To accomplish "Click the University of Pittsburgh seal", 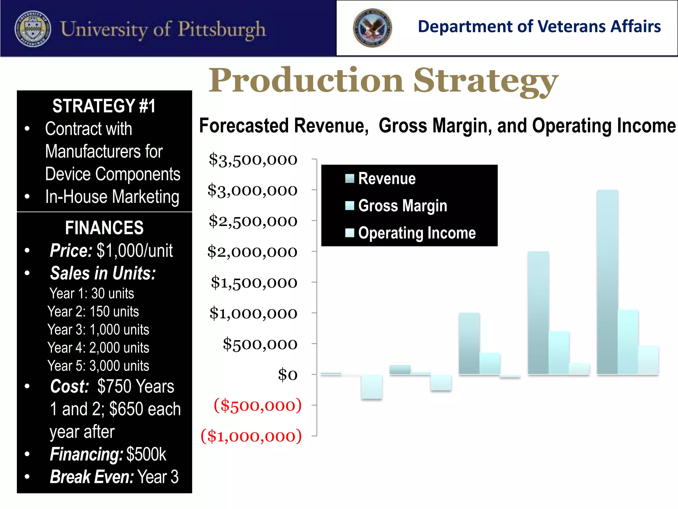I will [x=33, y=29].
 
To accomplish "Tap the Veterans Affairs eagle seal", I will [x=372, y=28].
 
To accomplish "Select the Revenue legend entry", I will [x=387, y=179].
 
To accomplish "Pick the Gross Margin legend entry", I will [x=402, y=206].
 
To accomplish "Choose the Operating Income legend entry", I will [x=416, y=233].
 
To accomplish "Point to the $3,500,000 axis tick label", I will [x=253, y=160].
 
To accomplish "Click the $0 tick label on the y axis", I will [x=287, y=375].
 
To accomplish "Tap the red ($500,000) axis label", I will [x=258, y=405].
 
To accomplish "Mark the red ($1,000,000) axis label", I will [x=251, y=436].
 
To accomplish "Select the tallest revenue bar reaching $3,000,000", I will [x=607, y=282].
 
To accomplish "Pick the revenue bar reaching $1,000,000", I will [x=469, y=344].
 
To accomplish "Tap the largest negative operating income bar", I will [x=372, y=386].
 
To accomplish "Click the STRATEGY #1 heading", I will [x=104, y=106].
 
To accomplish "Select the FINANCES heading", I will [x=104, y=228].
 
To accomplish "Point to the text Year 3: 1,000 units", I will [x=98, y=330].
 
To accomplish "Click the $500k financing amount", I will [x=146, y=454].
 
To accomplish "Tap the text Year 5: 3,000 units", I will [x=98, y=366].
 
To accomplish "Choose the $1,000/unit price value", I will [x=134, y=251].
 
